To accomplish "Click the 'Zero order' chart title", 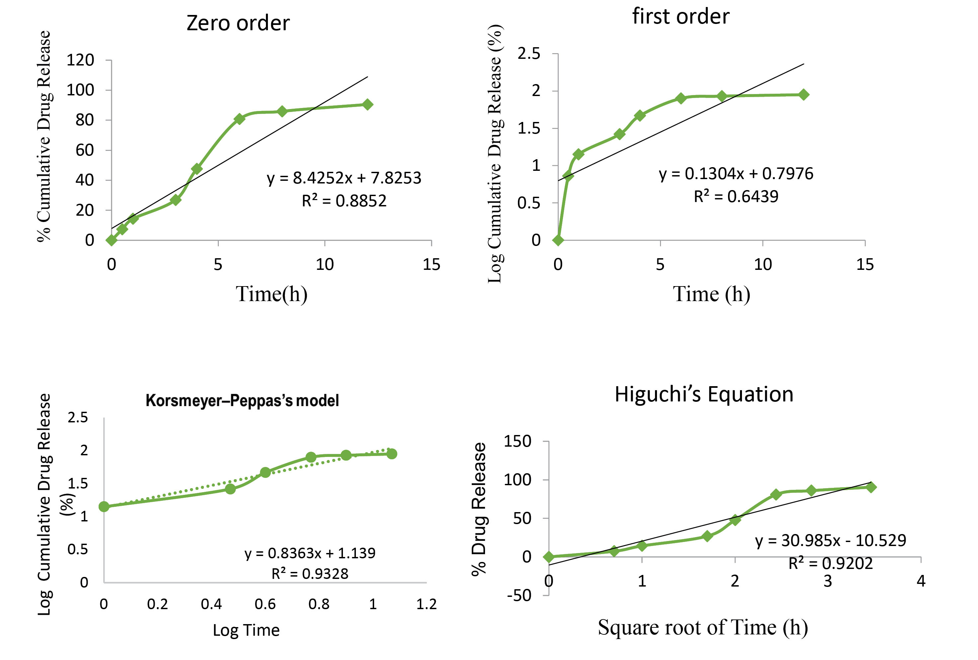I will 238,23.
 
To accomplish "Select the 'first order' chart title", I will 681,17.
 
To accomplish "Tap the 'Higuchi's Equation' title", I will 704,394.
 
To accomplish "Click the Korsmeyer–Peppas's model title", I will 242,400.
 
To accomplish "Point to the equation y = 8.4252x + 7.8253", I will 344,178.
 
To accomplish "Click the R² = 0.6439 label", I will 736,196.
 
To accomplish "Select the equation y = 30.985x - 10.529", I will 830,540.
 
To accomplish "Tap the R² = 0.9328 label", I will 310,573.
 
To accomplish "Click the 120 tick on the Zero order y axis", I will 80,60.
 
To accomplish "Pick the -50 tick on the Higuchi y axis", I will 519,595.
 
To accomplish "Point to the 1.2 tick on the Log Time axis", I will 426,605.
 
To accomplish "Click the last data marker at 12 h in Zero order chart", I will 367,104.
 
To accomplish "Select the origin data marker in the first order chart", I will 558,240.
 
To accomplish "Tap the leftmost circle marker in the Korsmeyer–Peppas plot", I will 104,506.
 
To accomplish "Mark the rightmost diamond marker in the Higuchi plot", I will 871,487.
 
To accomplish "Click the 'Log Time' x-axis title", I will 246,630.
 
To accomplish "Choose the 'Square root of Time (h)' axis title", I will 702,627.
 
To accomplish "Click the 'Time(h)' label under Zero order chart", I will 271,294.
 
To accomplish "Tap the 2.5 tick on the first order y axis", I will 529,54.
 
